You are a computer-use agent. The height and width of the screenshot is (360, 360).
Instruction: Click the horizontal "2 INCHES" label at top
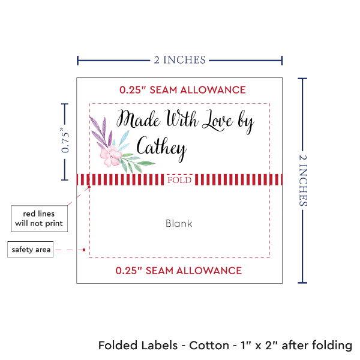[x=179, y=59]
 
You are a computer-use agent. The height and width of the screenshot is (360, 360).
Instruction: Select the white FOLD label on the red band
[x=179, y=180]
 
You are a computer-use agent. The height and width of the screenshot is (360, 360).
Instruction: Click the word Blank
[x=179, y=223]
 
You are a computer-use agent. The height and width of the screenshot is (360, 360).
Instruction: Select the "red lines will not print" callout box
[x=38, y=219]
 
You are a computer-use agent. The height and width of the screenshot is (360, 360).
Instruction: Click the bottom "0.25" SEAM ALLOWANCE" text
[x=179, y=270]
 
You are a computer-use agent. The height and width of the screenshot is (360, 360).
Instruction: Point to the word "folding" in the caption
[x=330, y=346]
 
